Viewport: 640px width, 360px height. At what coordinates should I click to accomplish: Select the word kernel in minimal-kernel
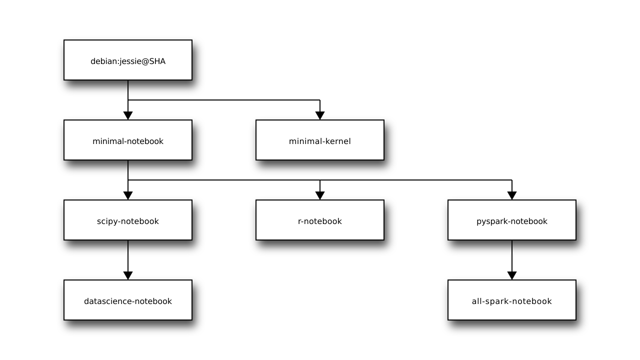pyautogui.click(x=338, y=141)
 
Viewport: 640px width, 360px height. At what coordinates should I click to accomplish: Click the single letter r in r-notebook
pyautogui.click(x=299, y=221)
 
